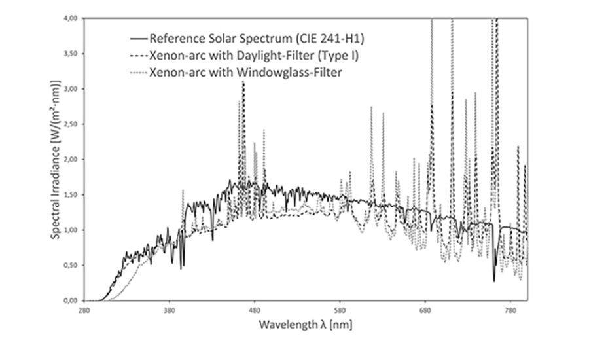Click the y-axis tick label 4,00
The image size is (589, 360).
[x=73, y=18]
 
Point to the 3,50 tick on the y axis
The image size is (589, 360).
[x=73, y=54]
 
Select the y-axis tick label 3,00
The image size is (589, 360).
[x=73, y=89]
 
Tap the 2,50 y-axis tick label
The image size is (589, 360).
[x=73, y=124]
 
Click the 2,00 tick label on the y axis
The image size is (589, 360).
[x=73, y=160]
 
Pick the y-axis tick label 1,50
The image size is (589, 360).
[x=73, y=195]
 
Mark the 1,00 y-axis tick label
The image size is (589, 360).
[x=73, y=230]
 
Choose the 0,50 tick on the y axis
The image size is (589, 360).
[x=73, y=266]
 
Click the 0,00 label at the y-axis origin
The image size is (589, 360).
[x=73, y=301]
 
